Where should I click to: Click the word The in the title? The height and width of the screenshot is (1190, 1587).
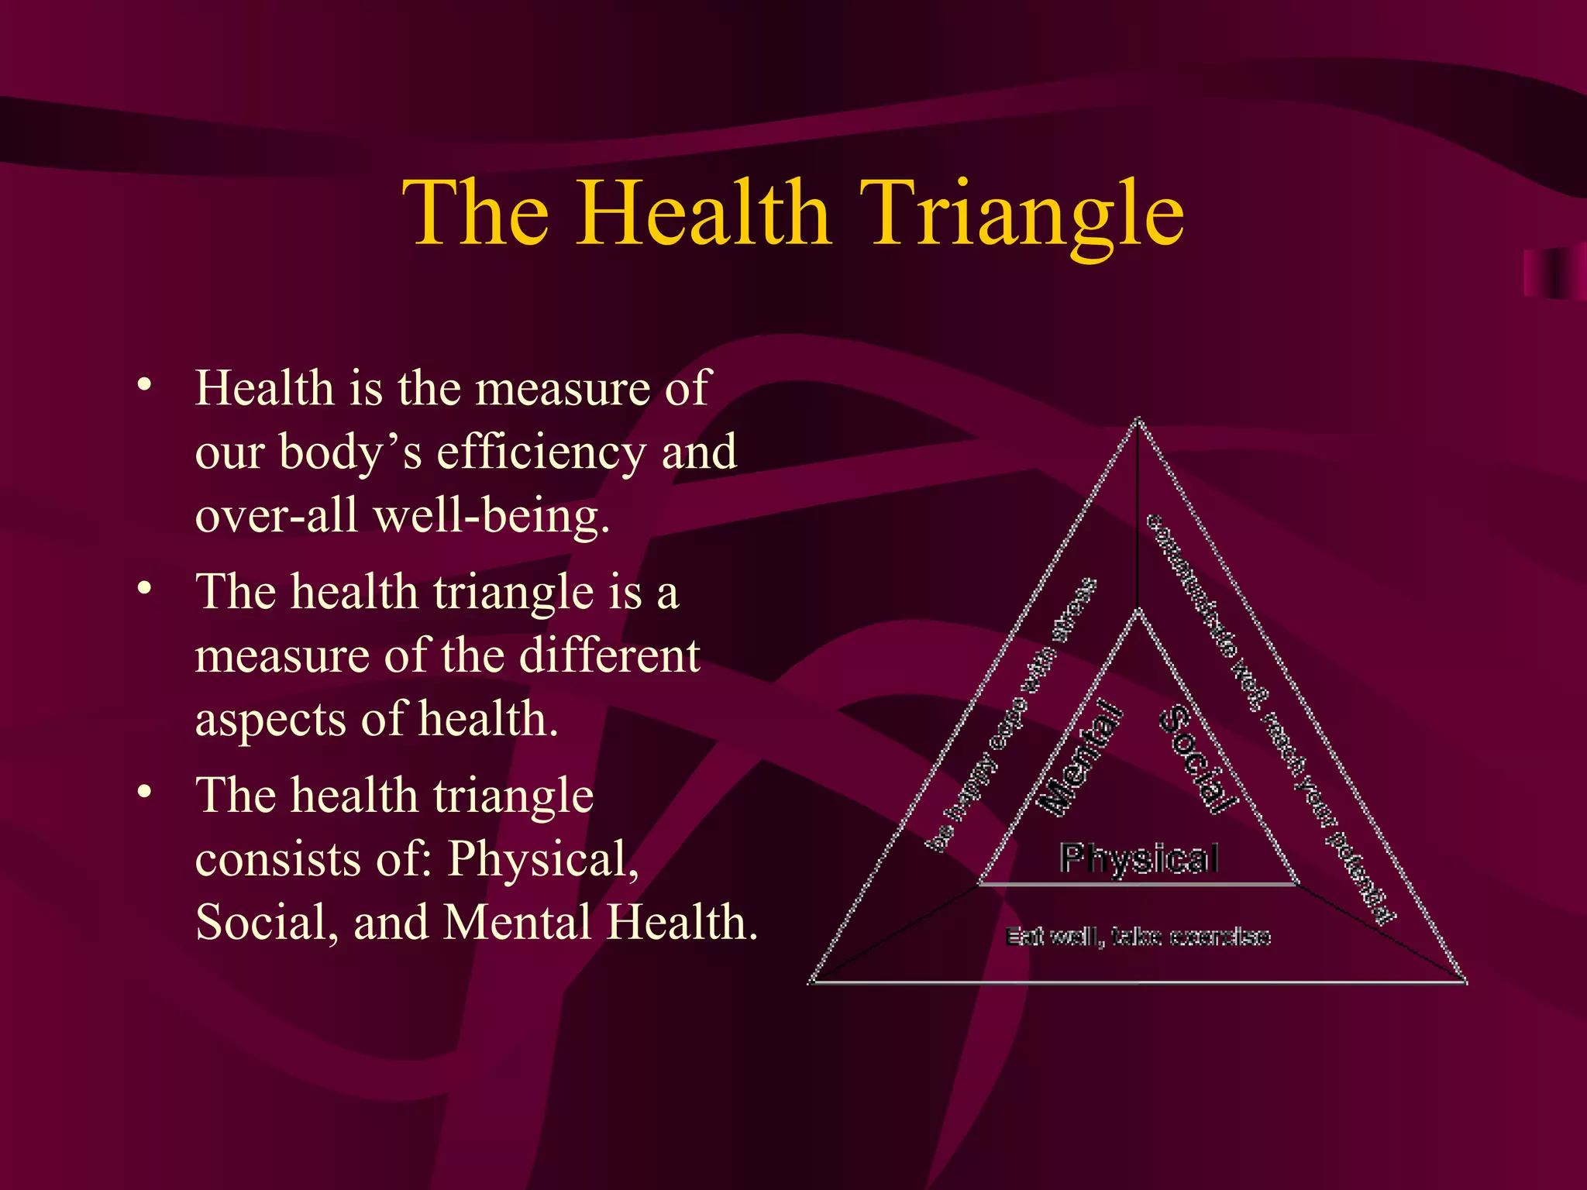pyautogui.click(x=476, y=213)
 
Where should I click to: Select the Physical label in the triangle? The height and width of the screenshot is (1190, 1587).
pyautogui.click(x=1138, y=858)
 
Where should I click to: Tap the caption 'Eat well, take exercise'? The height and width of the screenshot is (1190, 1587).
pyautogui.click(x=1138, y=937)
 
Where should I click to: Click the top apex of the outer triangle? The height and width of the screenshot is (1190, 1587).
pyautogui.click(x=1138, y=419)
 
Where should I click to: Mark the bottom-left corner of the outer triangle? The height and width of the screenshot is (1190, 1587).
pyautogui.click(x=811, y=982)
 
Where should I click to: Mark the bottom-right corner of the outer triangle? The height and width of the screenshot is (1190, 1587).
pyautogui.click(x=1465, y=982)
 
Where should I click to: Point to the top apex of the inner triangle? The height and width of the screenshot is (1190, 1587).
pyautogui.click(x=1138, y=610)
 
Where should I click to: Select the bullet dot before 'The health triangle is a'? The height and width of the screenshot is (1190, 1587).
pyautogui.click(x=143, y=589)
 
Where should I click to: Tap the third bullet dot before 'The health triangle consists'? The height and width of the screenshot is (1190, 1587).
pyautogui.click(x=143, y=793)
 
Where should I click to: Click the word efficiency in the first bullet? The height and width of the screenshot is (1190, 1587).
pyautogui.click(x=541, y=452)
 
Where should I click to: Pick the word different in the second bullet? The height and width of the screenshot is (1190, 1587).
pyautogui.click(x=609, y=655)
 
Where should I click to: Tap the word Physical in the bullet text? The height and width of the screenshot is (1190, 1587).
pyautogui.click(x=543, y=859)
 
